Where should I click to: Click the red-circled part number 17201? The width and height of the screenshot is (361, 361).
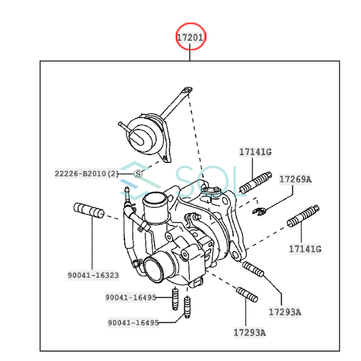click(190, 38)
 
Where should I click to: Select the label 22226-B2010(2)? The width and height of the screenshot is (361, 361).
click(87, 174)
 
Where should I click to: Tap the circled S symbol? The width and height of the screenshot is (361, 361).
click(138, 174)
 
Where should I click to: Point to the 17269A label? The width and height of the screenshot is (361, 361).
click(295, 179)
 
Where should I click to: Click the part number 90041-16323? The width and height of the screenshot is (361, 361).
click(93, 275)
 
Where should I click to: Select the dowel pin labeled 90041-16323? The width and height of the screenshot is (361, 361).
click(89, 210)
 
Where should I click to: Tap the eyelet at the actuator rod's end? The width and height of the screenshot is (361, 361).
click(187, 90)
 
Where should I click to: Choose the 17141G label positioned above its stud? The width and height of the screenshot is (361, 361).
click(255, 152)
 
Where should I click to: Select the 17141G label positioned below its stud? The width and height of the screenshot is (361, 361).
click(305, 249)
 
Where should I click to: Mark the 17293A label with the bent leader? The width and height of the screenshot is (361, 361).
click(285, 312)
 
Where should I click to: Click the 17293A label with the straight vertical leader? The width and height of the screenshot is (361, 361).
click(249, 333)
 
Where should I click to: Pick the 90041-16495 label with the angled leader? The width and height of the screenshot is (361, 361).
click(133, 322)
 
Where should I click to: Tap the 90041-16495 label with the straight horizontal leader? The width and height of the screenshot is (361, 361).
click(131, 297)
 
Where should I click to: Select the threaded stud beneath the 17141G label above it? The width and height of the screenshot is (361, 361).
click(256, 183)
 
